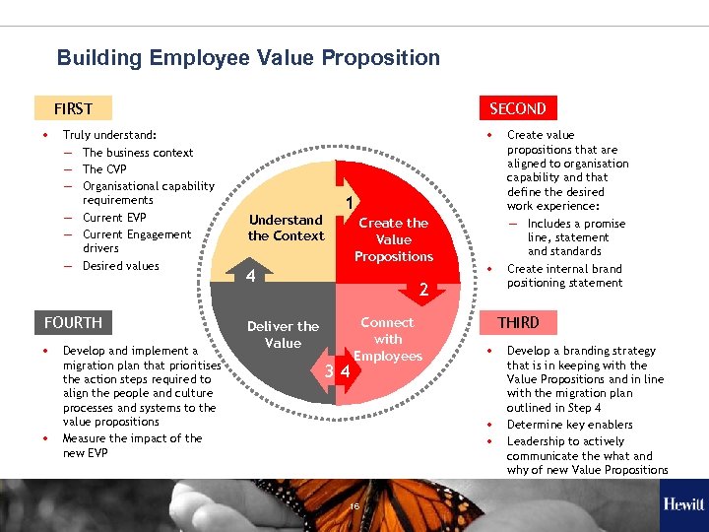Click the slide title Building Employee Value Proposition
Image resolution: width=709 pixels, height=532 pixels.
pos(248,58)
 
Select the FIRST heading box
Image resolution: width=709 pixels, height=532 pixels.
pos(73,108)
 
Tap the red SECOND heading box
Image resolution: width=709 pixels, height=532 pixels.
pos(517,108)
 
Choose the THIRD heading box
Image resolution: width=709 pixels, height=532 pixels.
pos(518,322)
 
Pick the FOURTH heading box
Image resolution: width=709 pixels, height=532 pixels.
pos(73,322)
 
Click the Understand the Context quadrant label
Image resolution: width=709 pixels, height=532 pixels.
pos(286,228)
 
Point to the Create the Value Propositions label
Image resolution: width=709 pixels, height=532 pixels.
pos(393,239)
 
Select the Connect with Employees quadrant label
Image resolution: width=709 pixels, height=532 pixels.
pos(388,339)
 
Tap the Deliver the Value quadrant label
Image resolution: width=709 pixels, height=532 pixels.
pos(283,334)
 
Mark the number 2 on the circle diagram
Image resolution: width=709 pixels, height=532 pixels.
pos(422,290)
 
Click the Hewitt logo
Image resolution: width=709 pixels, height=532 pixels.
pos(682,504)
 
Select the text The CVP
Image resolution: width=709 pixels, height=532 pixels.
pos(104,168)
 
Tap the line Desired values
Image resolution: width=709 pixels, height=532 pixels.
pos(120,266)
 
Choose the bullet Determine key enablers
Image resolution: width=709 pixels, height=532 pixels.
pos(569,425)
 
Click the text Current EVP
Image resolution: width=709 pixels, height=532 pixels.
pos(114,218)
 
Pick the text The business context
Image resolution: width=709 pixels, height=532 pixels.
pos(138,153)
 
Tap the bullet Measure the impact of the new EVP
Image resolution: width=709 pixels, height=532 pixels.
pos(132,445)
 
